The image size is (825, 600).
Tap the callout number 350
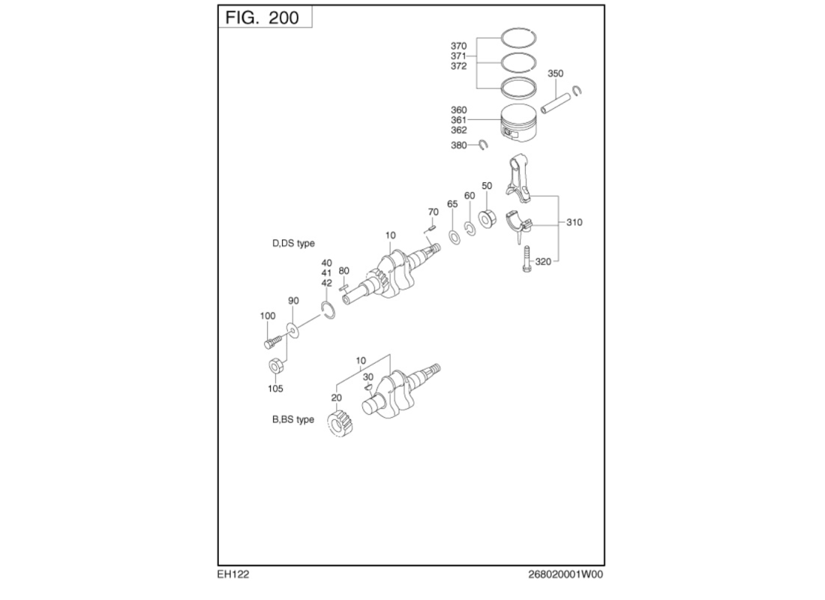click(555, 73)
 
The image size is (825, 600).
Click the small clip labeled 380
click(483, 145)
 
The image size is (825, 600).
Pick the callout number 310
click(574, 223)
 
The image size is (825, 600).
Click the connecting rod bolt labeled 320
click(526, 259)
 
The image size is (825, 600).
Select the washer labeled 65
click(454, 237)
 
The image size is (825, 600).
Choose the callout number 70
click(433, 212)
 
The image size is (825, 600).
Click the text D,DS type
click(293, 244)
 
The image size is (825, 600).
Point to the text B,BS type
click(292, 420)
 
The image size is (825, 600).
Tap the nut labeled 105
click(275, 367)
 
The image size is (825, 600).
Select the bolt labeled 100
click(272, 342)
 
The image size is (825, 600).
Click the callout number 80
click(343, 271)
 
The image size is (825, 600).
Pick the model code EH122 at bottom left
click(233, 574)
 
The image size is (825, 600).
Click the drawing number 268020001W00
click(565, 574)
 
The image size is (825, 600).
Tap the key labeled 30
click(367, 387)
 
